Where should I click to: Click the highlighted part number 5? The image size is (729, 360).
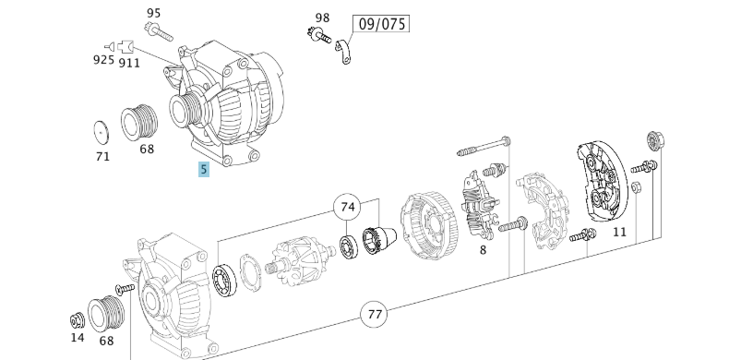(x=204, y=169)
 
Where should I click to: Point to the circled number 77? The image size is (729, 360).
(x=374, y=316)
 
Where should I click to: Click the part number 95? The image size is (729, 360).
(x=154, y=13)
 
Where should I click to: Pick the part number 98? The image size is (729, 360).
(x=322, y=18)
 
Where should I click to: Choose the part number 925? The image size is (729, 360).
(x=103, y=60)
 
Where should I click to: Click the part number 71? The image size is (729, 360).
(x=102, y=156)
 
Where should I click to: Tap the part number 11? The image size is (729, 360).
(x=619, y=232)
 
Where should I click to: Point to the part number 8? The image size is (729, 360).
(x=482, y=249)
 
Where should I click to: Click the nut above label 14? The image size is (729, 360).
(x=77, y=321)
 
